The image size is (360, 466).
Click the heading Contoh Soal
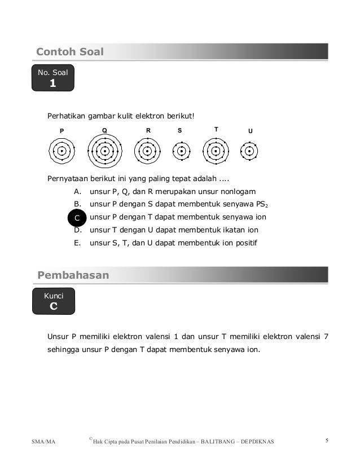70,52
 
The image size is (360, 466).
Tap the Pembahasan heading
73,275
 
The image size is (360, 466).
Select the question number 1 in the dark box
53,83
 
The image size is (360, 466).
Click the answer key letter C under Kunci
54,306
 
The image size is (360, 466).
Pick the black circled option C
77,217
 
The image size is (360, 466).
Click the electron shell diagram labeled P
62,151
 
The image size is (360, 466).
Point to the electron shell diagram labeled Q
104,151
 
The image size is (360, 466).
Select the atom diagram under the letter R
147,151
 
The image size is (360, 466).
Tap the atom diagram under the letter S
181,151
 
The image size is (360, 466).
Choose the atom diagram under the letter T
216,151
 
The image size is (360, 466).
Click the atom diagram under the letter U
249,151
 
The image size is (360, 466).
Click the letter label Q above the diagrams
104,130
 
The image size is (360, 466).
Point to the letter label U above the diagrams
251,131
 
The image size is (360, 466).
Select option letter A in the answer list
77,191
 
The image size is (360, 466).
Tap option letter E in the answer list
77,243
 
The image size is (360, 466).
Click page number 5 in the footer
328,440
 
